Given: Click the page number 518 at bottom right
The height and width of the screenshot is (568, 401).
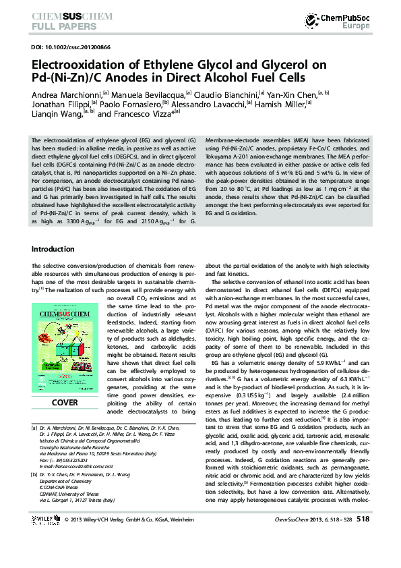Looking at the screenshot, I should click(363, 538).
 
